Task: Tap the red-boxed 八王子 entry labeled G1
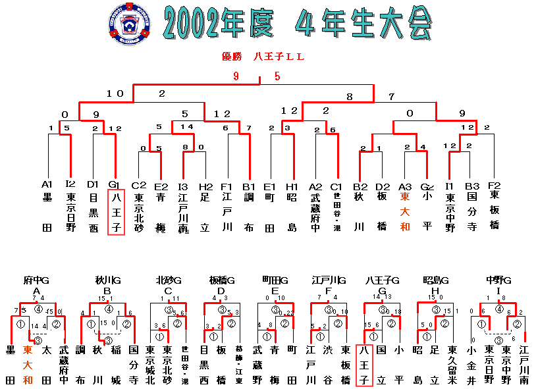[116, 211]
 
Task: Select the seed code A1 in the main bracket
[47, 184]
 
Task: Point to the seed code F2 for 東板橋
[495, 184]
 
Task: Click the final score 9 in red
[236, 76]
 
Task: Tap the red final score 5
[277, 76]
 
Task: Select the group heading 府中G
[36, 280]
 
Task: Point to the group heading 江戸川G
[329, 280]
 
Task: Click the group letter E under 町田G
[275, 290]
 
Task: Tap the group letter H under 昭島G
[435, 290]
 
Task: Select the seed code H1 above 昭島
[292, 184]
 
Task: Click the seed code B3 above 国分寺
[471, 184]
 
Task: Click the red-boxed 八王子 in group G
[365, 365]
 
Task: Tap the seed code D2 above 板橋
[383, 184]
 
